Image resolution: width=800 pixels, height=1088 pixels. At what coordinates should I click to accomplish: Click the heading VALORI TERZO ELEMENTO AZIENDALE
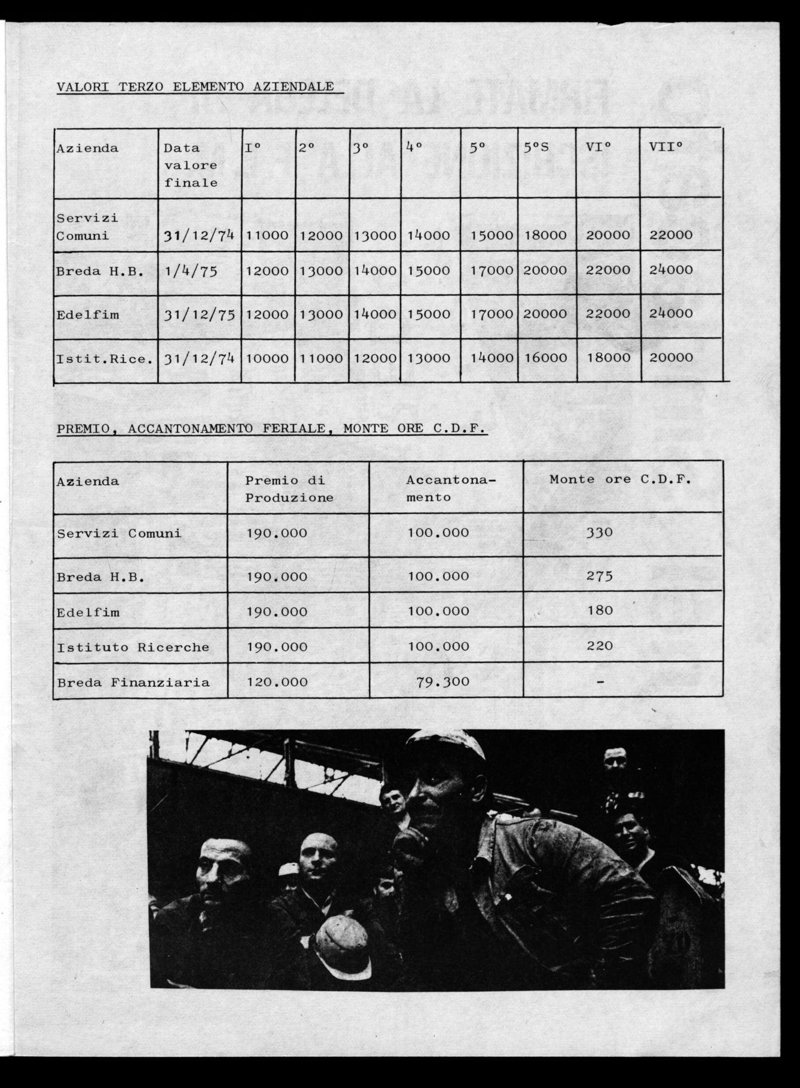tap(195, 87)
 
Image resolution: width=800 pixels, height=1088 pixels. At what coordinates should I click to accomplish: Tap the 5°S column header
tap(536, 148)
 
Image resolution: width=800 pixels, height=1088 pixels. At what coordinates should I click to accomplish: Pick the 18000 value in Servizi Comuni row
tap(545, 235)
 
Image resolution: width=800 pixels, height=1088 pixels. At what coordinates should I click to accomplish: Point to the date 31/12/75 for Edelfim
tap(199, 314)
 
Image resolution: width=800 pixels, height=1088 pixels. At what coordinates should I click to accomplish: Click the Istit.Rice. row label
tap(104, 359)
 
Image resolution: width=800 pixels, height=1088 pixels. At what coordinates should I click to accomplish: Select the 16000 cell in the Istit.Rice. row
tap(545, 357)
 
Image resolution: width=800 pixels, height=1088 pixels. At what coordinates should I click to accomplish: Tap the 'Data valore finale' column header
tap(191, 165)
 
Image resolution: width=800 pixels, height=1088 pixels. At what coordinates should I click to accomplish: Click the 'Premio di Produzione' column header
tap(289, 489)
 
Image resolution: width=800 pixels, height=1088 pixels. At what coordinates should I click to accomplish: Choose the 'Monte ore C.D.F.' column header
tap(620, 479)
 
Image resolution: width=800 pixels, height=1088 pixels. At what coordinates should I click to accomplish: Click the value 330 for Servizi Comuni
tap(599, 532)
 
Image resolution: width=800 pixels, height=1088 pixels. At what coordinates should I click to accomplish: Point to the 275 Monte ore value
tap(600, 576)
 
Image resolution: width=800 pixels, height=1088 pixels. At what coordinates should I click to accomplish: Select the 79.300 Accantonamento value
tap(442, 681)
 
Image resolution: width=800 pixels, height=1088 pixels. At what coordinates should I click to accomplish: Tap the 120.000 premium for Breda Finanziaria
tap(277, 682)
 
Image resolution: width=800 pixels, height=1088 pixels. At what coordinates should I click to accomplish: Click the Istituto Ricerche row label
tap(133, 647)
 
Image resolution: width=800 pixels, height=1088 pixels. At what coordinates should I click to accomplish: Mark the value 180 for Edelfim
tap(600, 610)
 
